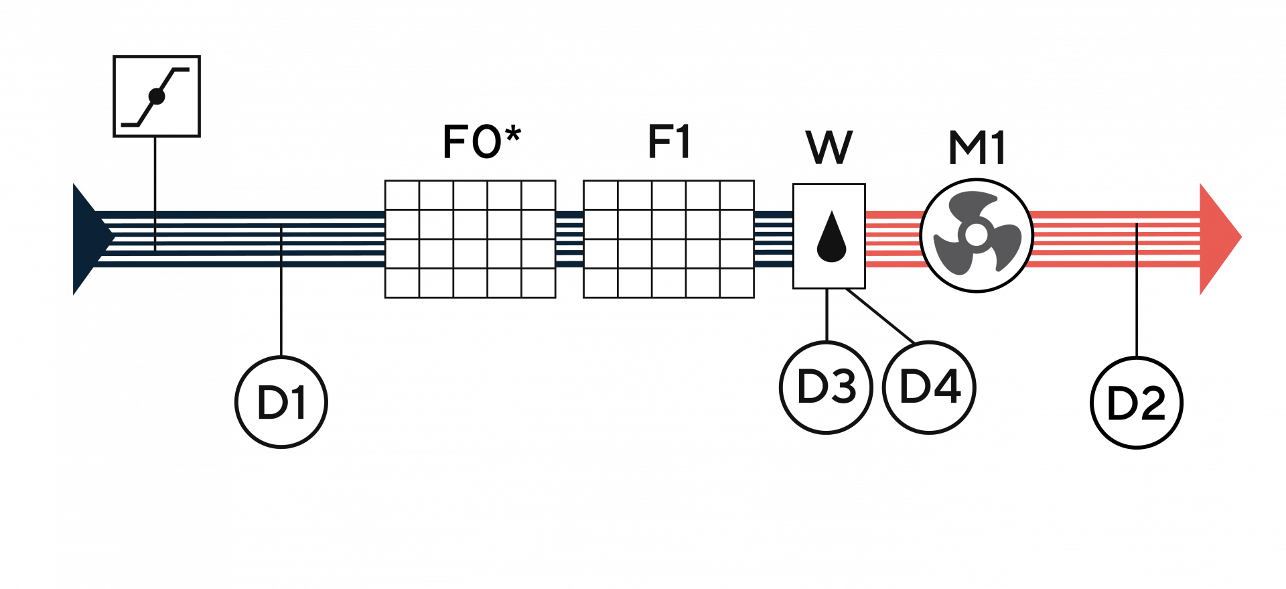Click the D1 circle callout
point(281,402)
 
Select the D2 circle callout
point(1137,402)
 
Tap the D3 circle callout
point(827,387)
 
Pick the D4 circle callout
point(930,387)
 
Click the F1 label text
point(669,142)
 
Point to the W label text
point(829,147)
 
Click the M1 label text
point(977,147)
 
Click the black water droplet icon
point(831,237)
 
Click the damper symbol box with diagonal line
point(157,96)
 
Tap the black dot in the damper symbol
point(157,96)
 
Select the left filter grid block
point(470,239)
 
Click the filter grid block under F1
point(669,239)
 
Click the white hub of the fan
point(975,234)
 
